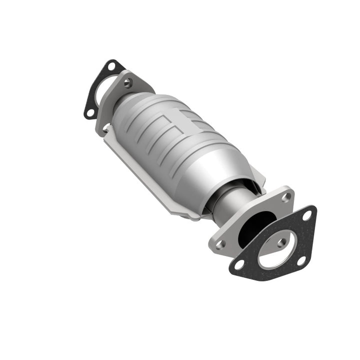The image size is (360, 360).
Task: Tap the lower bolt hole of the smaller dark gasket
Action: tap(90, 112)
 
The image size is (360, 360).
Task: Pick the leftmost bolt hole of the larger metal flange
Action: tap(220, 244)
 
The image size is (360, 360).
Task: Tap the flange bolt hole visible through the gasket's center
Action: tap(281, 242)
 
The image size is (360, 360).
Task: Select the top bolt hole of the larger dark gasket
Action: tap(307, 216)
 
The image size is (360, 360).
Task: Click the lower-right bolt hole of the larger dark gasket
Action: tap(301, 260)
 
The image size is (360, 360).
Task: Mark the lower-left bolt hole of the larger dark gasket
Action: tap(239, 263)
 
